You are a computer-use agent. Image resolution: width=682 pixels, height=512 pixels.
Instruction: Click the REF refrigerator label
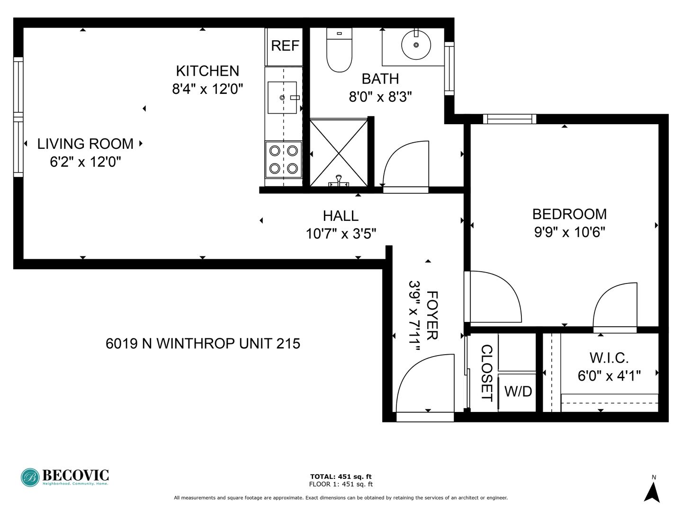285,46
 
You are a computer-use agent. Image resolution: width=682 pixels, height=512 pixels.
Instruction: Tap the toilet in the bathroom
339,50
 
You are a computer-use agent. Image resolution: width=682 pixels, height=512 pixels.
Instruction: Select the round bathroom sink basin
416,45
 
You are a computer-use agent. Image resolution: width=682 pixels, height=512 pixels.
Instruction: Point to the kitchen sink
282,98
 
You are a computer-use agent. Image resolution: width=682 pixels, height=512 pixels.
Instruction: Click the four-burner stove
283,159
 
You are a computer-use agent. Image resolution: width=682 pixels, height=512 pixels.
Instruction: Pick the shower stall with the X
339,153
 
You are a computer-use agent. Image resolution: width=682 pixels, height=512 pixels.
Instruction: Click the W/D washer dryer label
518,392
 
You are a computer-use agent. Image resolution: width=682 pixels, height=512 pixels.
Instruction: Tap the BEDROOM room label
570,214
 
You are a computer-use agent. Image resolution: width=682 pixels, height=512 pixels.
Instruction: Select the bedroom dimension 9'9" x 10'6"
570,232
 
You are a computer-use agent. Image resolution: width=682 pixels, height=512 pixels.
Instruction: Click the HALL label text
341,216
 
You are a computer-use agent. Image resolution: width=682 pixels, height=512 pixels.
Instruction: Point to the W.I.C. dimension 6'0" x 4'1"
609,376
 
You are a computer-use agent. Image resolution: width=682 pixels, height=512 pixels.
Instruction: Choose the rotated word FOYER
432,316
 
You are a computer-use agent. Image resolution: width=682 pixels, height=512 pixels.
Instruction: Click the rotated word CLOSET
486,374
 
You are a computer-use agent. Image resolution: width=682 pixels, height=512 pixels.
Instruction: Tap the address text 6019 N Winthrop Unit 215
203,344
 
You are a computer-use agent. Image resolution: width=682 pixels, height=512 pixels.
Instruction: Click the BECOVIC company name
75,475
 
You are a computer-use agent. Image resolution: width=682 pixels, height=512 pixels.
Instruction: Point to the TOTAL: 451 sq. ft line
341,476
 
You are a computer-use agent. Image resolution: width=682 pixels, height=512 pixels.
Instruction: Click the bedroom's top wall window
510,119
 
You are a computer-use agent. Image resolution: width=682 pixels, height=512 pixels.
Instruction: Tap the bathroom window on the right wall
449,69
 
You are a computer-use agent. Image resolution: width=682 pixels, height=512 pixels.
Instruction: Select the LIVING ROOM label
85,144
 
